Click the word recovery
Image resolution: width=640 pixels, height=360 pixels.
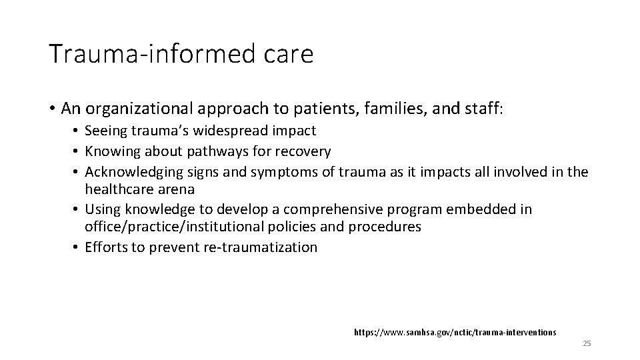[299, 151]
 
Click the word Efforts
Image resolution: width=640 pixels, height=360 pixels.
[105, 247]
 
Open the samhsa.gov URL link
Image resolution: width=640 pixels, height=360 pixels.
[455, 331]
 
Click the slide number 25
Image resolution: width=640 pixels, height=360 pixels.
[587, 343]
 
